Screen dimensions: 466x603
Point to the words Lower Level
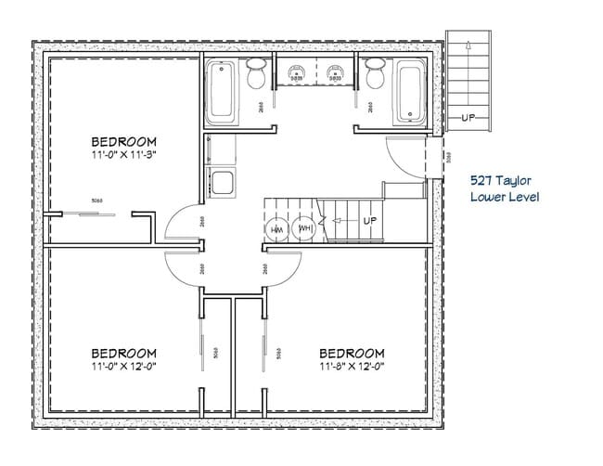click(x=504, y=198)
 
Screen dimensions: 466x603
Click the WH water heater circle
click(x=304, y=228)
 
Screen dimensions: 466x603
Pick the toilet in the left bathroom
click(x=257, y=74)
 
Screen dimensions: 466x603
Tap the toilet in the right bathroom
click(x=375, y=74)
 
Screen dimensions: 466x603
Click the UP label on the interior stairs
click(x=369, y=221)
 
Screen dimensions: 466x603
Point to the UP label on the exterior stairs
click(x=469, y=118)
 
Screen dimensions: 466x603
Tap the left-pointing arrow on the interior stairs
click(x=336, y=222)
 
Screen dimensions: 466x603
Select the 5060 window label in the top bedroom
click(x=96, y=200)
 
